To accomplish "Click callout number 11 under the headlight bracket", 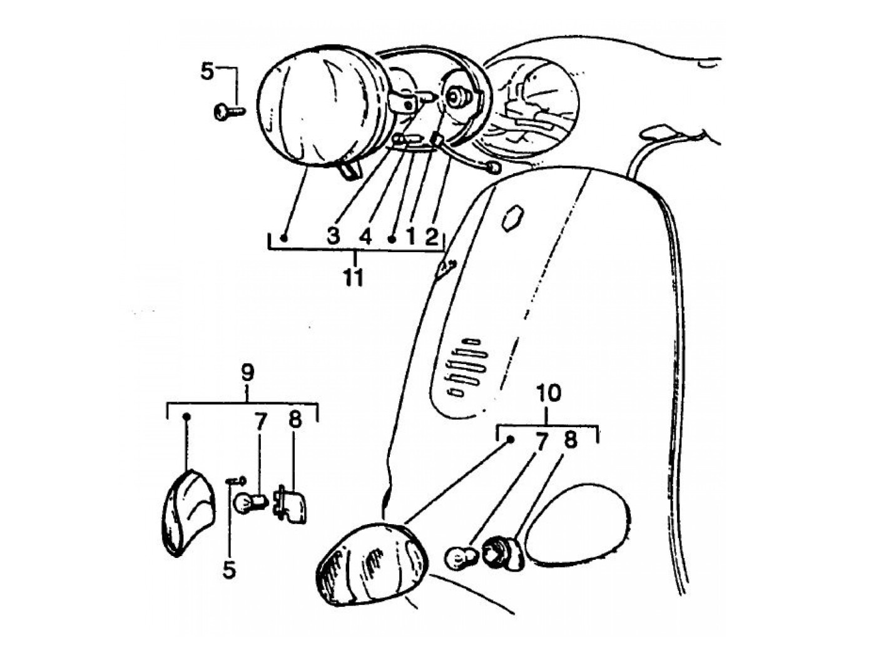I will (x=354, y=276).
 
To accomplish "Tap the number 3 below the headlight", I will (x=333, y=236).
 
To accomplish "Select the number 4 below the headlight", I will (x=365, y=236).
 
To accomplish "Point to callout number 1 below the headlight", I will (x=410, y=236).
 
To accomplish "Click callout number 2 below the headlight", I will (x=431, y=236).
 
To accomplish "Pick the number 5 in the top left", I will (x=207, y=71).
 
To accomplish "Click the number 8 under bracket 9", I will (x=295, y=421).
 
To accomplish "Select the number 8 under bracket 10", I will (x=570, y=440).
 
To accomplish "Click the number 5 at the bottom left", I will (x=230, y=569).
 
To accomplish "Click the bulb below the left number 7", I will (x=249, y=502).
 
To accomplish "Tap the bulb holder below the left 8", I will (x=292, y=504).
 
